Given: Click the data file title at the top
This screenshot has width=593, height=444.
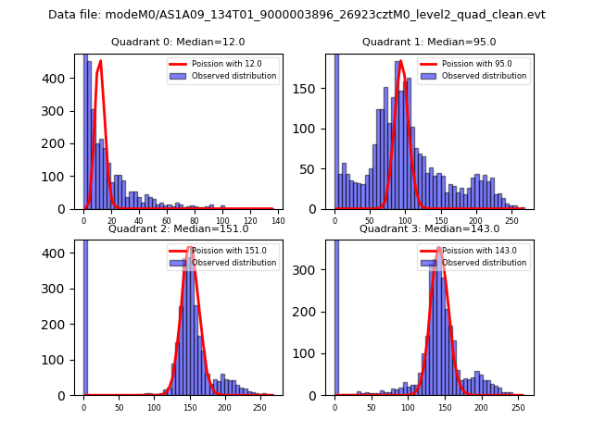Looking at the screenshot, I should coord(296,15).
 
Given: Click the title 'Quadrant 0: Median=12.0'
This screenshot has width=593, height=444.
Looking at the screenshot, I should coord(178,43).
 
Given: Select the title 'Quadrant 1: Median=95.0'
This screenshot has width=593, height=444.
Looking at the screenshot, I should coord(429,43).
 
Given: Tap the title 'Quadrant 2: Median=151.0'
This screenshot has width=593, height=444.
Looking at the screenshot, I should coord(178,229).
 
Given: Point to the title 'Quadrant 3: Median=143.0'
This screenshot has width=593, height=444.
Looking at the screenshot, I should coord(429,229).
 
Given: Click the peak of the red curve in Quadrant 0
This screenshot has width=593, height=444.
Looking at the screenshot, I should coord(100,62).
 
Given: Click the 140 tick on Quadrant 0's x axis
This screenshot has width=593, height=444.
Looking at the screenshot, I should coord(277,220).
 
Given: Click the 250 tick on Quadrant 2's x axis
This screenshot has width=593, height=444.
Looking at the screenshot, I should coord(259,407).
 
